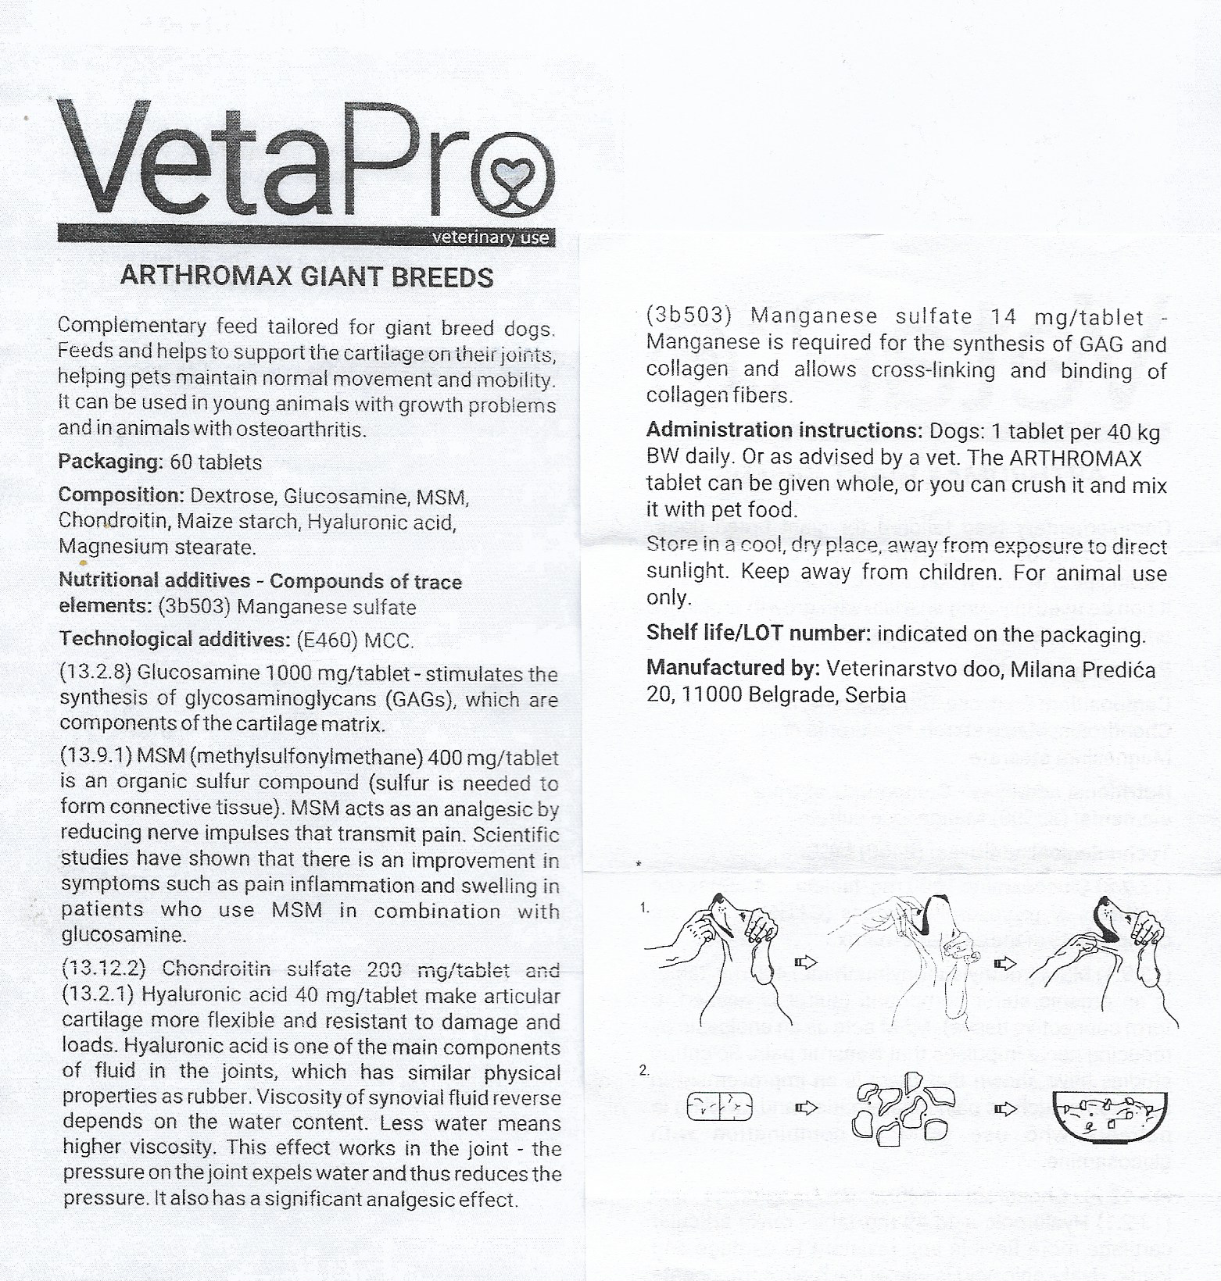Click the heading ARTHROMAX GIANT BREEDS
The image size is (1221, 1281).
point(306,277)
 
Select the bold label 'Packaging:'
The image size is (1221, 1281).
point(110,462)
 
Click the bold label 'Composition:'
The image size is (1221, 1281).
point(121,496)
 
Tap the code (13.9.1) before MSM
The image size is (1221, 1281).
point(95,757)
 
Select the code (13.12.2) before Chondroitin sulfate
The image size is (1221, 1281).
point(105,969)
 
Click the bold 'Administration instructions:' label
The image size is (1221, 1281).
point(785,430)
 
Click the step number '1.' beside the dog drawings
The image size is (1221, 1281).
point(645,908)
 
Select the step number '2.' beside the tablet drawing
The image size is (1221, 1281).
point(645,1071)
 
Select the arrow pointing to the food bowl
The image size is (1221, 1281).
point(1008,1108)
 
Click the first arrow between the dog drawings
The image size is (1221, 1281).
point(805,962)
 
